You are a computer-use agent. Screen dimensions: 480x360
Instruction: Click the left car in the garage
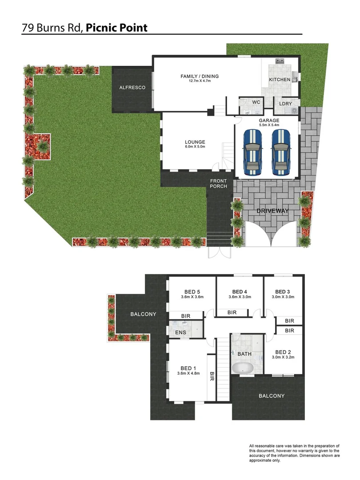pyautogui.click(x=252, y=152)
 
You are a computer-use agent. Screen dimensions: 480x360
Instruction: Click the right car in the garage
pyautogui.click(x=280, y=152)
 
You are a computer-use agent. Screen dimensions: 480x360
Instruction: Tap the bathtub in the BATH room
pyautogui.click(x=242, y=368)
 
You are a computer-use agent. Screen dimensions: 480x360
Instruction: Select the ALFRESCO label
pyautogui.click(x=132, y=88)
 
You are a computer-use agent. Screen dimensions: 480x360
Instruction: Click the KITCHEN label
pyautogui.click(x=280, y=80)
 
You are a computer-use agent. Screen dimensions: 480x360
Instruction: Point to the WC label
pyautogui.click(x=256, y=102)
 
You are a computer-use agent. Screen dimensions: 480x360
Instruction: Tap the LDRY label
pyautogui.click(x=285, y=104)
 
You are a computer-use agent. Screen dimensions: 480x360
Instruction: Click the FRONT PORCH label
pyautogui.click(x=219, y=184)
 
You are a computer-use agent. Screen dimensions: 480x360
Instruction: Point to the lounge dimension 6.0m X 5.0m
pyautogui.click(x=195, y=147)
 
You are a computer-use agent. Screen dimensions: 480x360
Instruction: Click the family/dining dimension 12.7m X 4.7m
pyautogui.click(x=200, y=81)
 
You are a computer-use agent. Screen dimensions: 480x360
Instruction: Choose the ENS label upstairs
pyautogui.click(x=180, y=332)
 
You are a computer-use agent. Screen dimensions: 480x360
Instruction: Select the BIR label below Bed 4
pyautogui.click(x=232, y=313)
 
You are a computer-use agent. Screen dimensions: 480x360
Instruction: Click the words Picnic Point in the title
pyautogui.click(x=116, y=28)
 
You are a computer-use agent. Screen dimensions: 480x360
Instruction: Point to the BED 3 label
pyautogui.click(x=283, y=292)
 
